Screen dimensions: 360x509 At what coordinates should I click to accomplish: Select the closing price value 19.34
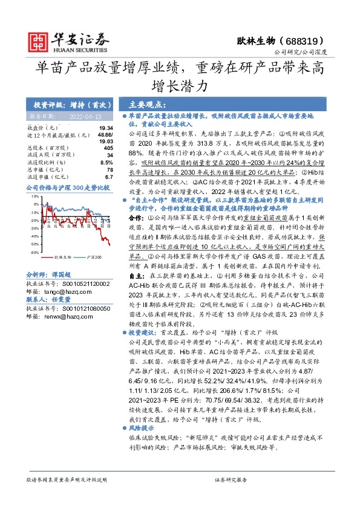click(x=106, y=128)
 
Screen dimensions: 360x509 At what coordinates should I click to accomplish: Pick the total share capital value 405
click(x=108, y=148)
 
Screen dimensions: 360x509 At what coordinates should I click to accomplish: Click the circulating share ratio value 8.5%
click(x=106, y=163)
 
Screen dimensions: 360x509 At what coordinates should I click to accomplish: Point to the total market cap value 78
click(x=110, y=170)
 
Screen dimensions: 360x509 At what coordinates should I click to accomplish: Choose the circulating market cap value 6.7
click(x=109, y=177)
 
